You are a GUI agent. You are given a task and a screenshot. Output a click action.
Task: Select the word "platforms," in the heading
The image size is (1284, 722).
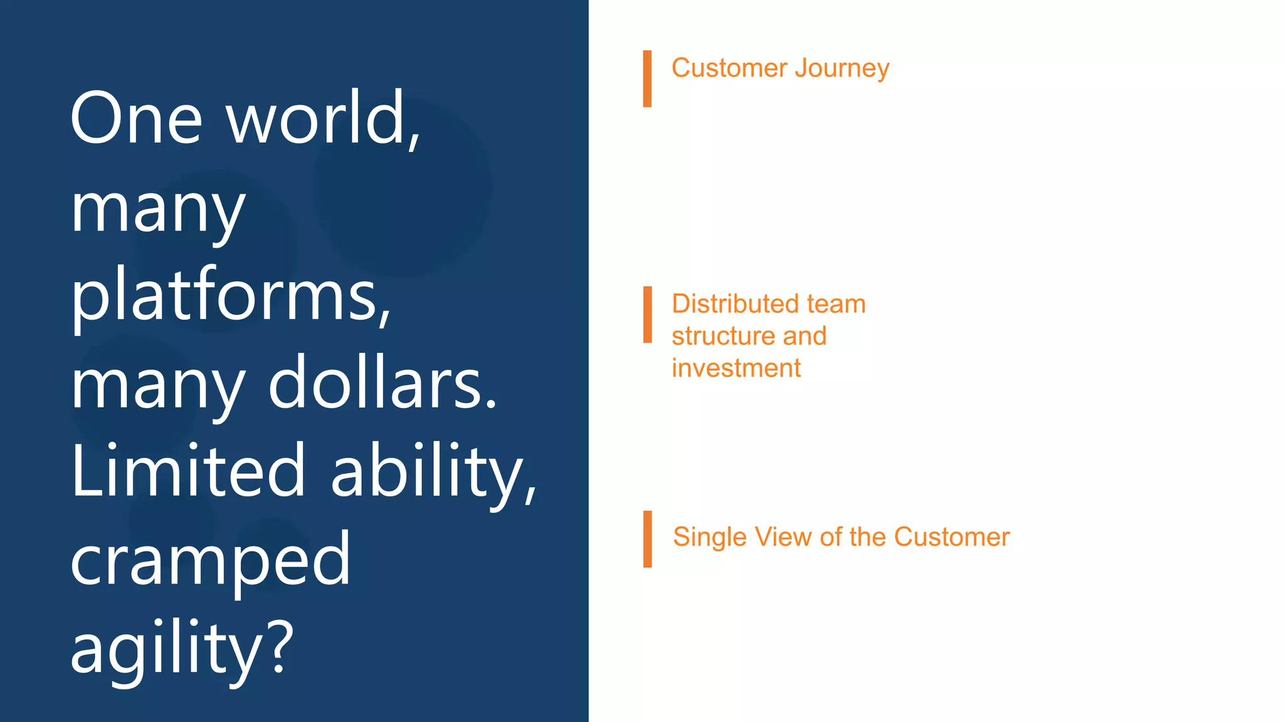coord(231,296)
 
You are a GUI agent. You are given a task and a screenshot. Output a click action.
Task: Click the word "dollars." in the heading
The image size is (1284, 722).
coord(382,384)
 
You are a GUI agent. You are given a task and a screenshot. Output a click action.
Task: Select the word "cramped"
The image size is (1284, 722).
coord(210,559)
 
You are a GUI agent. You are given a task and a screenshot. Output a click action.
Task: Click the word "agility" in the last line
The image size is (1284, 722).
coord(166,647)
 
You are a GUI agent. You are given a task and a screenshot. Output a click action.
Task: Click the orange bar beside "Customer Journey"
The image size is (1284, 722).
coord(647,78)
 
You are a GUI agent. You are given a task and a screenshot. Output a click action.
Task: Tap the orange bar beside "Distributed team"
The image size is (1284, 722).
coord(647,315)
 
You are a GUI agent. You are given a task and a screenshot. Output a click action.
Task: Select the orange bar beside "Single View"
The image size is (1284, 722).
coord(647,539)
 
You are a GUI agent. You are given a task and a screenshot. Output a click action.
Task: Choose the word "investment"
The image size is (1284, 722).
coord(736,369)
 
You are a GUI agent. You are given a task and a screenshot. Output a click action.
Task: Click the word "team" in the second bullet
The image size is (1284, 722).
coord(836,304)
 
